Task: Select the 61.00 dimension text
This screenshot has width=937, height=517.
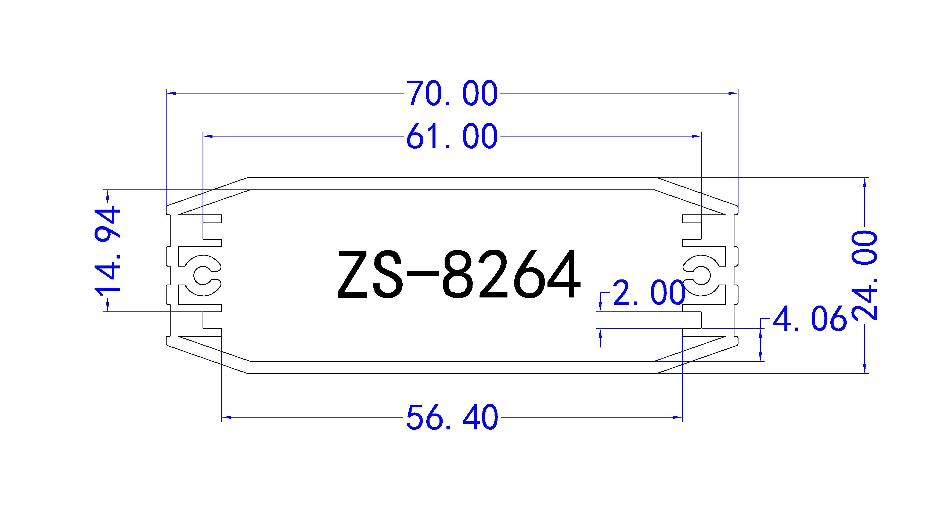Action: coord(451,137)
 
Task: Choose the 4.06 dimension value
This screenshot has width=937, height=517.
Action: coord(809,318)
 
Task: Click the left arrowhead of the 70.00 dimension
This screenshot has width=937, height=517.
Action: coord(171,94)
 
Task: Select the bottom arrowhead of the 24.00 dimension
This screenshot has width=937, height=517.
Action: coord(865,369)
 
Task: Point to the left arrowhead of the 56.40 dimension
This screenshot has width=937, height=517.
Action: coord(227,417)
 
